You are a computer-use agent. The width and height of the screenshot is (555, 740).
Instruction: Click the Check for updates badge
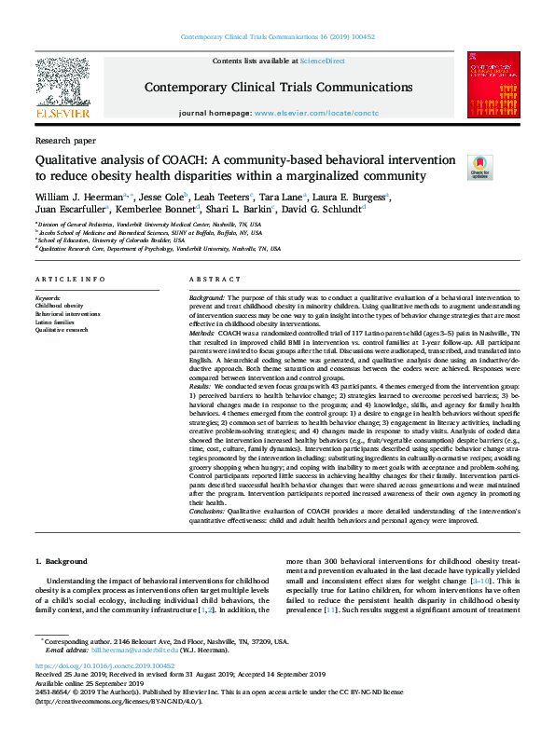click(480, 167)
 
